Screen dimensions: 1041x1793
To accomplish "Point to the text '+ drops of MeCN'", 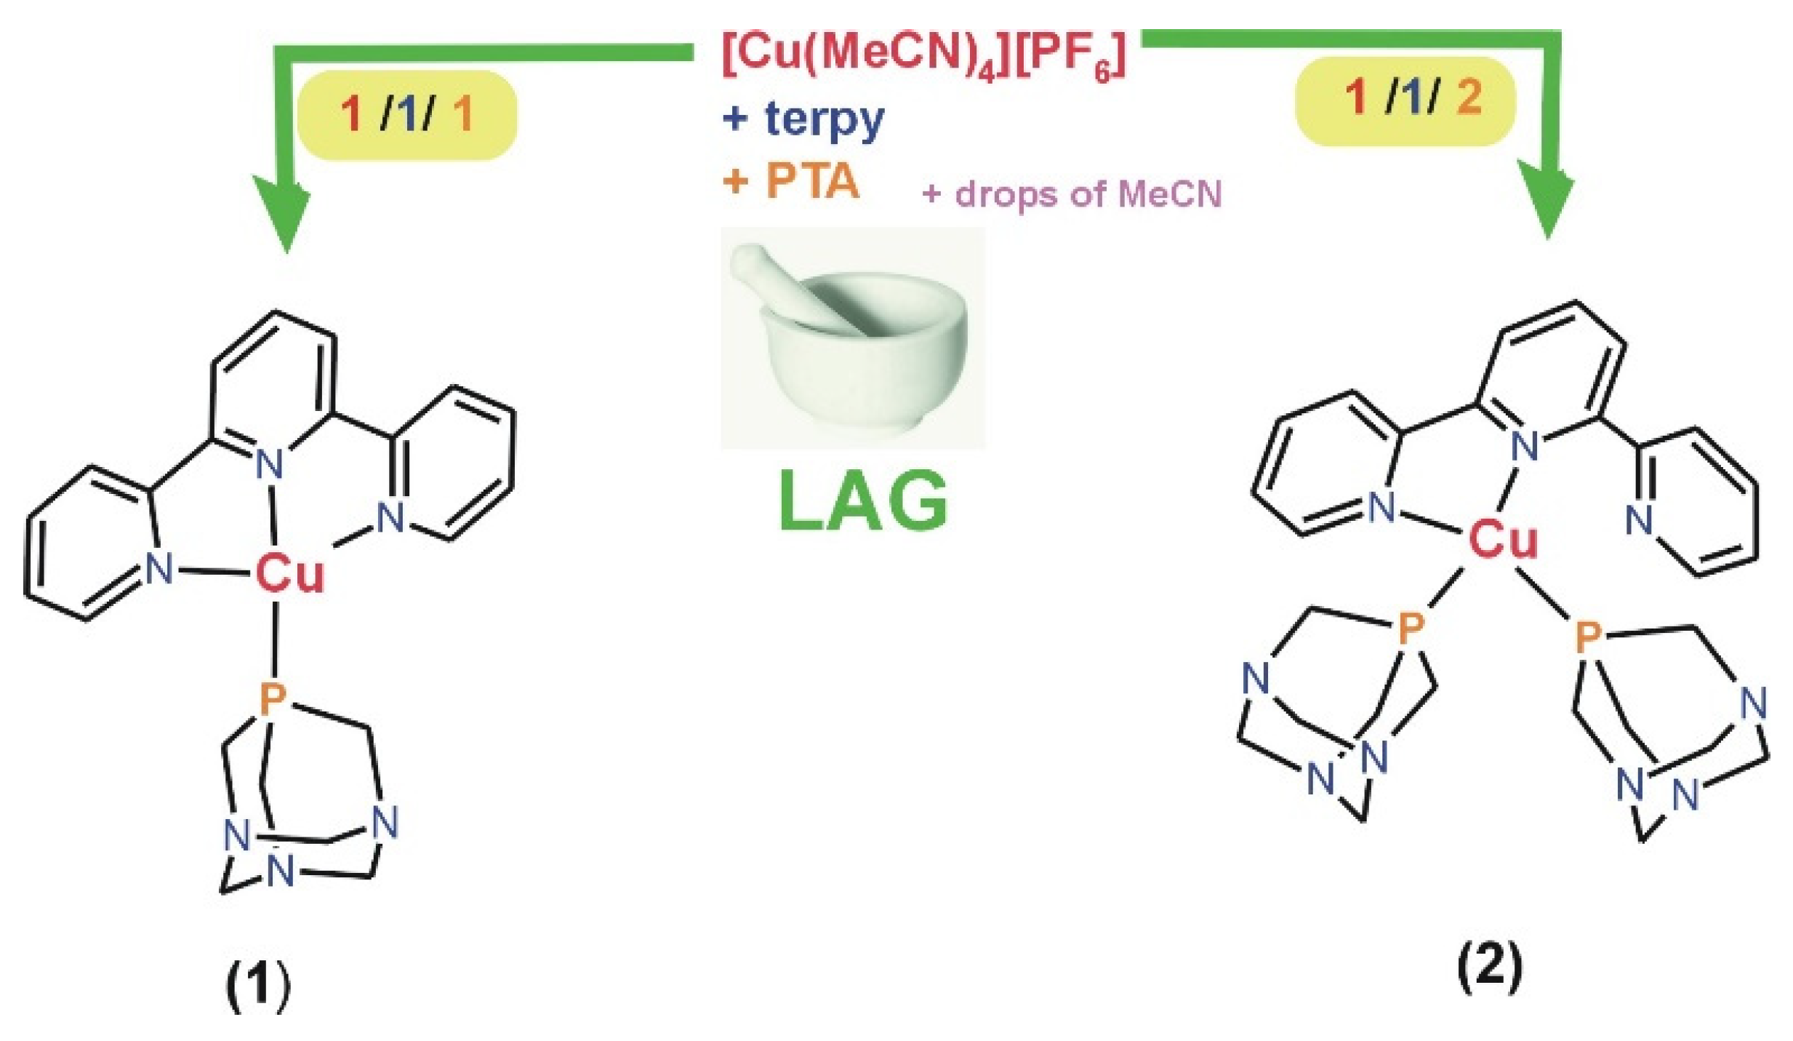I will click(x=1072, y=194).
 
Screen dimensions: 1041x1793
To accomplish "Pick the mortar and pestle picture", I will click(x=852, y=337).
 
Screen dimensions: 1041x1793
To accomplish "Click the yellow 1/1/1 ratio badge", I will click(x=407, y=115).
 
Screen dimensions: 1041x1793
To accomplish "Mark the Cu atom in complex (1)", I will click(x=289, y=573).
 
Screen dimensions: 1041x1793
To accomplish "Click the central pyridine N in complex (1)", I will click(x=270, y=463).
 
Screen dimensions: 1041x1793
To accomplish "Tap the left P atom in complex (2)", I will click(x=1411, y=627).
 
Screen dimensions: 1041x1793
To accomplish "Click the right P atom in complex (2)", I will click(x=1588, y=637).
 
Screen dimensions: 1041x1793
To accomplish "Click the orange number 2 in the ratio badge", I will click(x=1469, y=97).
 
